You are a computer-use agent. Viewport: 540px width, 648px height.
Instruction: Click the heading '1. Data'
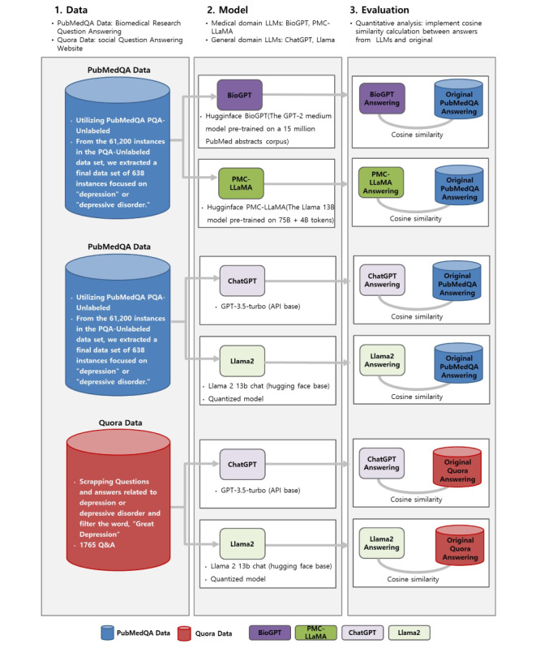pyautogui.click(x=71, y=10)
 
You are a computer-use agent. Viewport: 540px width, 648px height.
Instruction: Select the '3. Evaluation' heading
pyautogui.click(x=379, y=10)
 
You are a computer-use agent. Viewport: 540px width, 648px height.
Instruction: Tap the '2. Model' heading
pyautogui.click(x=227, y=10)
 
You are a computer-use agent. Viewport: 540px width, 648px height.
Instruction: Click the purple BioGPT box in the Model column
pyautogui.click(x=240, y=95)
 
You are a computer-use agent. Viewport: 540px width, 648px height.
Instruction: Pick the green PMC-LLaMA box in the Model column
pyautogui.click(x=241, y=183)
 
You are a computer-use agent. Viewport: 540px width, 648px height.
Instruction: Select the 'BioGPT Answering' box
pyautogui.click(x=382, y=99)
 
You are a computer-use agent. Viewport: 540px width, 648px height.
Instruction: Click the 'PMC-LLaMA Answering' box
pyautogui.click(x=381, y=182)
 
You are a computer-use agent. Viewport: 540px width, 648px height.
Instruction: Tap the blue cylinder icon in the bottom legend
pyautogui.click(x=107, y=633)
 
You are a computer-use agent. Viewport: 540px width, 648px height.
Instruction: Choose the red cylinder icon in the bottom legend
pyautogui.click(x=184, y=633)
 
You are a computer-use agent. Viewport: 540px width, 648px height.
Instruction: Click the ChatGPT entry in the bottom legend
pyautogui.click(x=362, y=633)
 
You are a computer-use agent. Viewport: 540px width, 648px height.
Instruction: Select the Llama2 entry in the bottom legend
pyautogui.click(x=409, y=633)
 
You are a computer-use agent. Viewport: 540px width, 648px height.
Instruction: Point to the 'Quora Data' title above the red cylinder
pyautogui.click(x=120, y=423)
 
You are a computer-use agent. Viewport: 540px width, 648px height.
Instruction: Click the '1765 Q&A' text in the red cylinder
pyautogui.click(x=97, y=545)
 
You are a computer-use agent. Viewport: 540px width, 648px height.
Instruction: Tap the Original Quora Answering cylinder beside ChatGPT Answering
pyautogui.click(x=457, y=467)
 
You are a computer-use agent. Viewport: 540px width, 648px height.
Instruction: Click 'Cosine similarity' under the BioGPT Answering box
pyautogui.click(x=417, y=135)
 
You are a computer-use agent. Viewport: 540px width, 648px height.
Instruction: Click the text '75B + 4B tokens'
pyautogui.click(x=306, y=221)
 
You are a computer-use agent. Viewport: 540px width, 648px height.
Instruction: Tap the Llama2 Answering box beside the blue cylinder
pyautogui.click(x=382, y=360)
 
